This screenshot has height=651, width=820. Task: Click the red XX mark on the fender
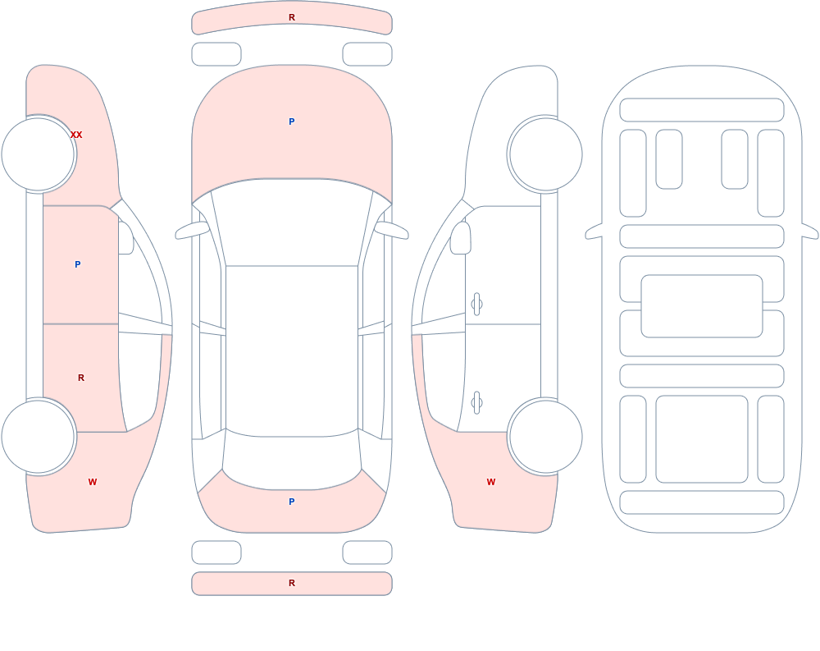click(76, 135)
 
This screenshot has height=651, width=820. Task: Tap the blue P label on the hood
click(292, 121)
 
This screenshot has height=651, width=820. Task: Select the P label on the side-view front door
click(77, 264)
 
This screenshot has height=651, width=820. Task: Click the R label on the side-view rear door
click(81, 378)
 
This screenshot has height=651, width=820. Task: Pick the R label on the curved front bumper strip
click(292, 17)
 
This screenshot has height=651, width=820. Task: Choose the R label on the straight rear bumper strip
click(292, 583)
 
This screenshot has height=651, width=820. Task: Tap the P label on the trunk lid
click(292, 502)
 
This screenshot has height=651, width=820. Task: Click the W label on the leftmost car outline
click(93, 482)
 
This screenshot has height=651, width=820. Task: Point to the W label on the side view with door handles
click(491, 482)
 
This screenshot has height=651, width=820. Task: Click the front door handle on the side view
click(476, 305)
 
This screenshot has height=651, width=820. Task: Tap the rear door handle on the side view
click(476, 403)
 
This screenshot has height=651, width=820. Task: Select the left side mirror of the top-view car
click(192, 231)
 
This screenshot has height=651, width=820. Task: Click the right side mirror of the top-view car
click(391, 231)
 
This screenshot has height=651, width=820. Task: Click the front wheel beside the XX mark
click(39, 154)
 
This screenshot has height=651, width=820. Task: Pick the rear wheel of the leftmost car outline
click(39, 436)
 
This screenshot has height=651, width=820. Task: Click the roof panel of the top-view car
click(292, 351)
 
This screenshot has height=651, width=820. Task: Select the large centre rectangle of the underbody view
click(702, 306)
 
